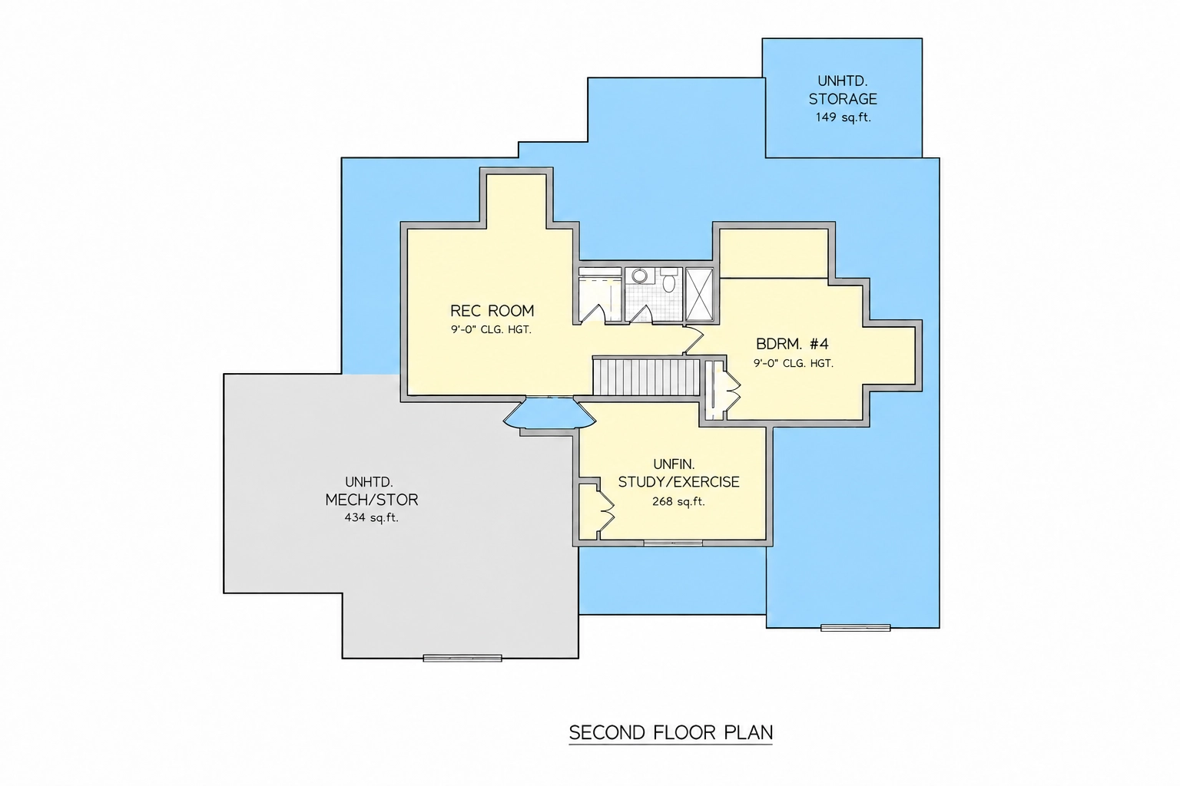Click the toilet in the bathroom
click(669, 281)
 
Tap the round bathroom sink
click(639, 276)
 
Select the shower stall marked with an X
click(700, 294)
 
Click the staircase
click(646, 377)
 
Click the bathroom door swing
click(641, 314)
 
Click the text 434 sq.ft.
click(371, 517)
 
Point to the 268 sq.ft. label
click(678, 502)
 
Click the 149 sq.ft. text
click(843, 117)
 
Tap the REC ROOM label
click(492, 311)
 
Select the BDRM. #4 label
click(792, 345)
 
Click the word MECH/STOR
click(371, 500)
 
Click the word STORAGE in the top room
click(843, 99)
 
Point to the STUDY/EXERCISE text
click(678, 482)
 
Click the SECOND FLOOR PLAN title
click(671, 733)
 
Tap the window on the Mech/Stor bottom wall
click(462, 658)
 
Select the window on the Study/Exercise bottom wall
click(673, 543)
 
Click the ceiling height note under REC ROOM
click(491, 330)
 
